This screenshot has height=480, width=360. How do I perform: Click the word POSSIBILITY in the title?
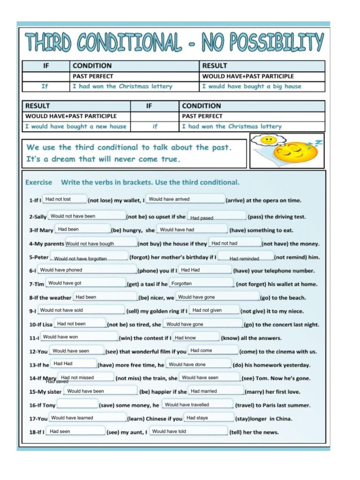pyautogui.click(x=263, y=43)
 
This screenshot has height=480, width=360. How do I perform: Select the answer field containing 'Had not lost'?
pyautogui.click(x=65, y=199)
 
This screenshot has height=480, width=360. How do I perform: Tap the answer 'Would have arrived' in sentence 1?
pyautogui.click(x=185, y=199)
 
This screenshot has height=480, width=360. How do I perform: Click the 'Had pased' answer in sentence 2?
pyautogui.click(x=217, y=217)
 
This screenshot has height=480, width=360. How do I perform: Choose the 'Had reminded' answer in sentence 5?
pyautogui.click(x=246, y=258)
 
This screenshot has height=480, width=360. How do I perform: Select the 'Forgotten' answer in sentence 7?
pyautogui.click(x=201, y=284)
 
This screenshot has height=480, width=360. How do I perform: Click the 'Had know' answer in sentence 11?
pyautogui.click(x=195, y=337)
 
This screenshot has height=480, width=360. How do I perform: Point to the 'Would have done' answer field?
pyautogui.click(x=198, y=364)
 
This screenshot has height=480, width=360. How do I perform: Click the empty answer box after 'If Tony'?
pyautogui.click(x=77, y=404)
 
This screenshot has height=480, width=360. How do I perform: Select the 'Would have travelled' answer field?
pyautogui.click(x=197, y=405)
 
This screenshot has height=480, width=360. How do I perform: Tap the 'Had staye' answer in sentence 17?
pyautogui.click(x=208, y=418)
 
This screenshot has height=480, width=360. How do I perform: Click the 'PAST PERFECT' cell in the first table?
pyautogui.click(x=93, y=76)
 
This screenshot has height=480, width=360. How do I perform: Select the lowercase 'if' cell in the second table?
pyautogui.click(x=155, y=126)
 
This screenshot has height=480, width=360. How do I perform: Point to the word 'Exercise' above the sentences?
pyautogui.click(x=39, y=182)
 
